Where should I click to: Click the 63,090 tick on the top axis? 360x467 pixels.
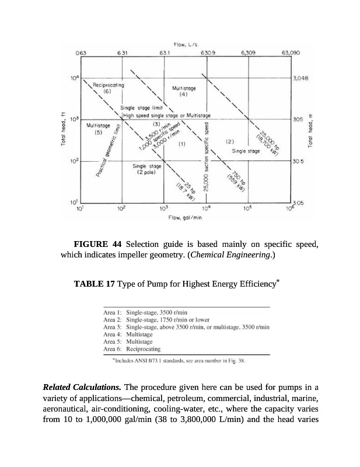tap(291, 53)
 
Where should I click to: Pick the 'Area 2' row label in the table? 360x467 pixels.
tap(111, 320)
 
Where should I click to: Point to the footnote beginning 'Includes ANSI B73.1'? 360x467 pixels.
tap(180, 360)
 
